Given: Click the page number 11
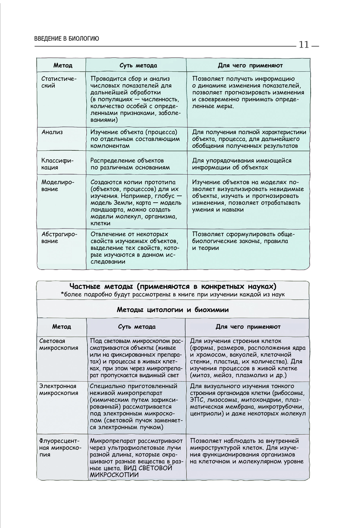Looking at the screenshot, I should pyautogui.click(x=303, y=45).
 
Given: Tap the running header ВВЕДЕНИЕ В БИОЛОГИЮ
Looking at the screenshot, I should pyautogui.click(x=67, y=39).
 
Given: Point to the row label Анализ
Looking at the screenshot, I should pyautogui.click(x=52, y=132).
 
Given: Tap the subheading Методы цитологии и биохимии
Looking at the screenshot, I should pyautogui.click(x=173, y=310).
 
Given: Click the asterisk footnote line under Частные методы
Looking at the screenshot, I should pyautogui.click(x=173, y=295).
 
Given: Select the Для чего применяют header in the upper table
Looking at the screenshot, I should pyautogui.click(x=250, y=66).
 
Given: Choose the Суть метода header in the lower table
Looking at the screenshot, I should pyautogui.click(x=137, y=327).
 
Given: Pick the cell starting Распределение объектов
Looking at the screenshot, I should pyautogui.click(x=130, y=164).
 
